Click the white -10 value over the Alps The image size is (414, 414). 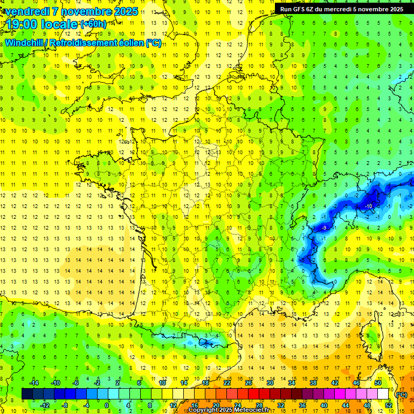[369, 206]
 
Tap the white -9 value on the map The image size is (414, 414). [324, 228]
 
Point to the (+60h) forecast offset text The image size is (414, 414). [93, 24]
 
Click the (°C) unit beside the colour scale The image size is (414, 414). [402, 395]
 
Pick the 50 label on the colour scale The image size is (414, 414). [378, 383]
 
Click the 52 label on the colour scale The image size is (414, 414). [388, 405]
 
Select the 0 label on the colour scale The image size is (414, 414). [107, 405]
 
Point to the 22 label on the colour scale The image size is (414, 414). [227, 383]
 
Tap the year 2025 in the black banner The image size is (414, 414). [394, 9]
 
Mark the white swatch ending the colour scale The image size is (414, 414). [383, 394]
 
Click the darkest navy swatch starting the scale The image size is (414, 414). [27, 394]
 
